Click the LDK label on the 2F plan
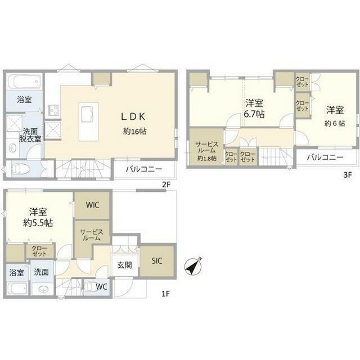click(133, 117)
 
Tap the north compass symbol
click(193, 265)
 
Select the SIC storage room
click(157, 261)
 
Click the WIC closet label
click(92, 205)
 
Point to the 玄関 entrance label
click(124, 265)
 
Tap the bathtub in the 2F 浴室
click(24, 81)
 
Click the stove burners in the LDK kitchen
click(53, 111)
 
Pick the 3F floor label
click(348, 175)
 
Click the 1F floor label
click(165, 294)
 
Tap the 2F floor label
click(166, 185)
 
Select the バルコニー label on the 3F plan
click(325, 157)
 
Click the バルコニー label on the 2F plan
click(144, 169)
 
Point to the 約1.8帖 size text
click(207, 158)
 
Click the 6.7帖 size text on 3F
click(254, 114)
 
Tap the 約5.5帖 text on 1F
click(38, 223)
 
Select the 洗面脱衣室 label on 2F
click(30, 135)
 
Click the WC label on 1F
click(101, 286)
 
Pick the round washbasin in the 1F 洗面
click(43, 290)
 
